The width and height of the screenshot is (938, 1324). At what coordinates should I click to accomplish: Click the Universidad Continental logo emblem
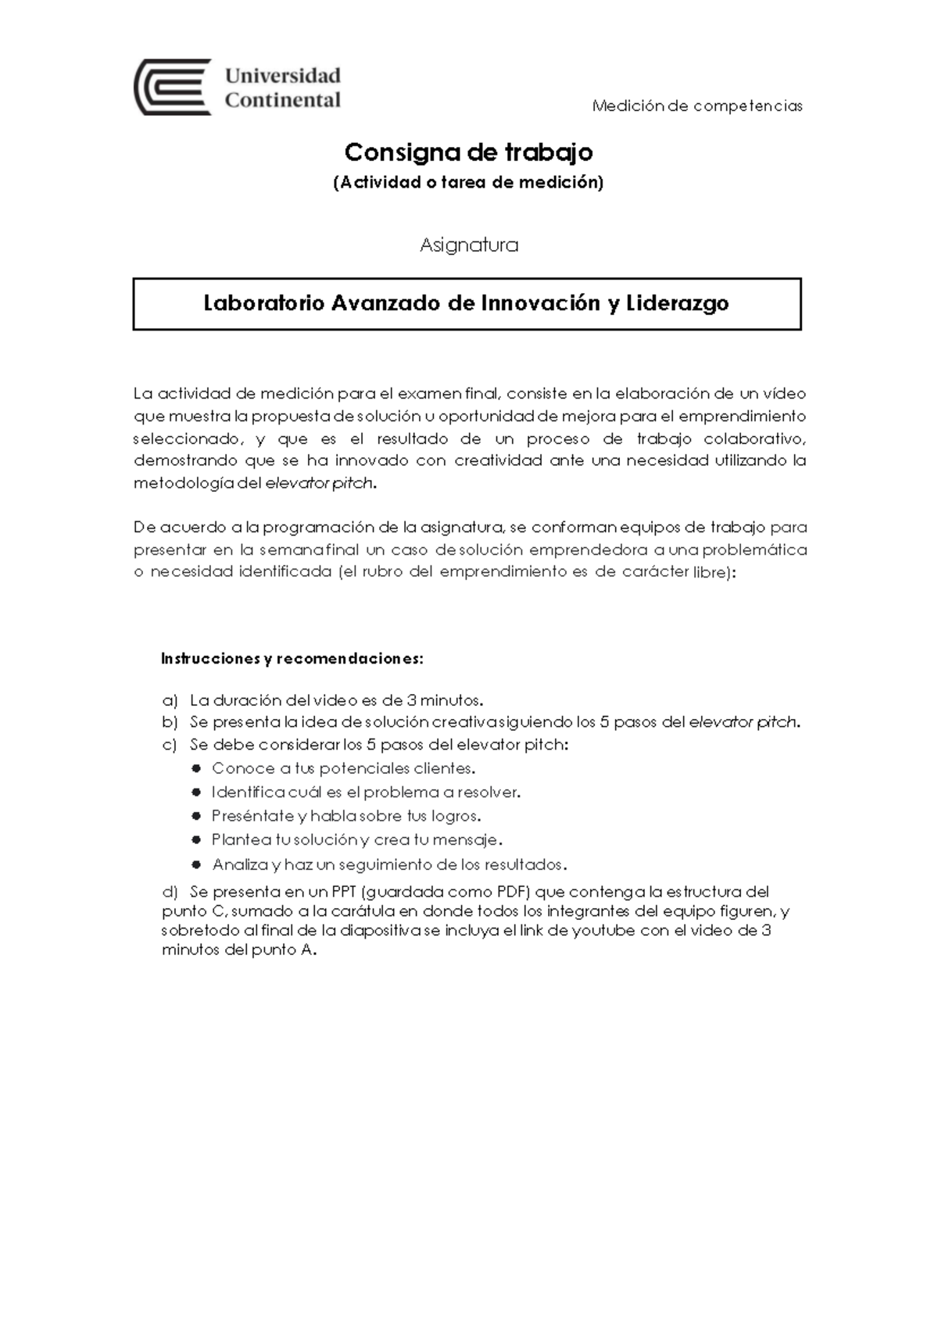click(x=173, y=87)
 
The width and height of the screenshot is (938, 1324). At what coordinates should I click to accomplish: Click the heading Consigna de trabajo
click(x=468, y=152)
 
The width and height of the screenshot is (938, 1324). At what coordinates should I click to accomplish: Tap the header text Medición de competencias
click(x=697, y=106)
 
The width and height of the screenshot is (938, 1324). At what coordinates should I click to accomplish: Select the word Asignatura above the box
click(x=468, y=245)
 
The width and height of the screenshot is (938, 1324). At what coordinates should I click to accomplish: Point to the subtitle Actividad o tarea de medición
click(x=468, y=183)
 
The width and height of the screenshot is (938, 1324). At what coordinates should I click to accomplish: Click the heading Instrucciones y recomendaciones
click(x=292, y=659)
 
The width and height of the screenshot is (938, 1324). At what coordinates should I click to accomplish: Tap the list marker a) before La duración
click(x=170, y=700)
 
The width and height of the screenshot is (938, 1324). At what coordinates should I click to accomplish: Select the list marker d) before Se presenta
click(x=170, y=892)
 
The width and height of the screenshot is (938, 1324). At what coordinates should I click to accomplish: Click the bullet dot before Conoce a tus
click(x=196, y=768)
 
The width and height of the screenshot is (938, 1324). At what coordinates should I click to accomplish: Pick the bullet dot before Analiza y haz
click(x=196, y=865)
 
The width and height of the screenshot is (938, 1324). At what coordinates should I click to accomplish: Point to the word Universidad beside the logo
click(x=283, y=76)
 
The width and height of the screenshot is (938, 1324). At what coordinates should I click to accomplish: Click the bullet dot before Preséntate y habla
click(x=196, y=816)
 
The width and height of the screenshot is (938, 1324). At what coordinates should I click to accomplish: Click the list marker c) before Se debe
click(x=170, y=745)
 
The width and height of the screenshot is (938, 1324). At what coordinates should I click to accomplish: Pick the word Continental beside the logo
click(x=283, y=100)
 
